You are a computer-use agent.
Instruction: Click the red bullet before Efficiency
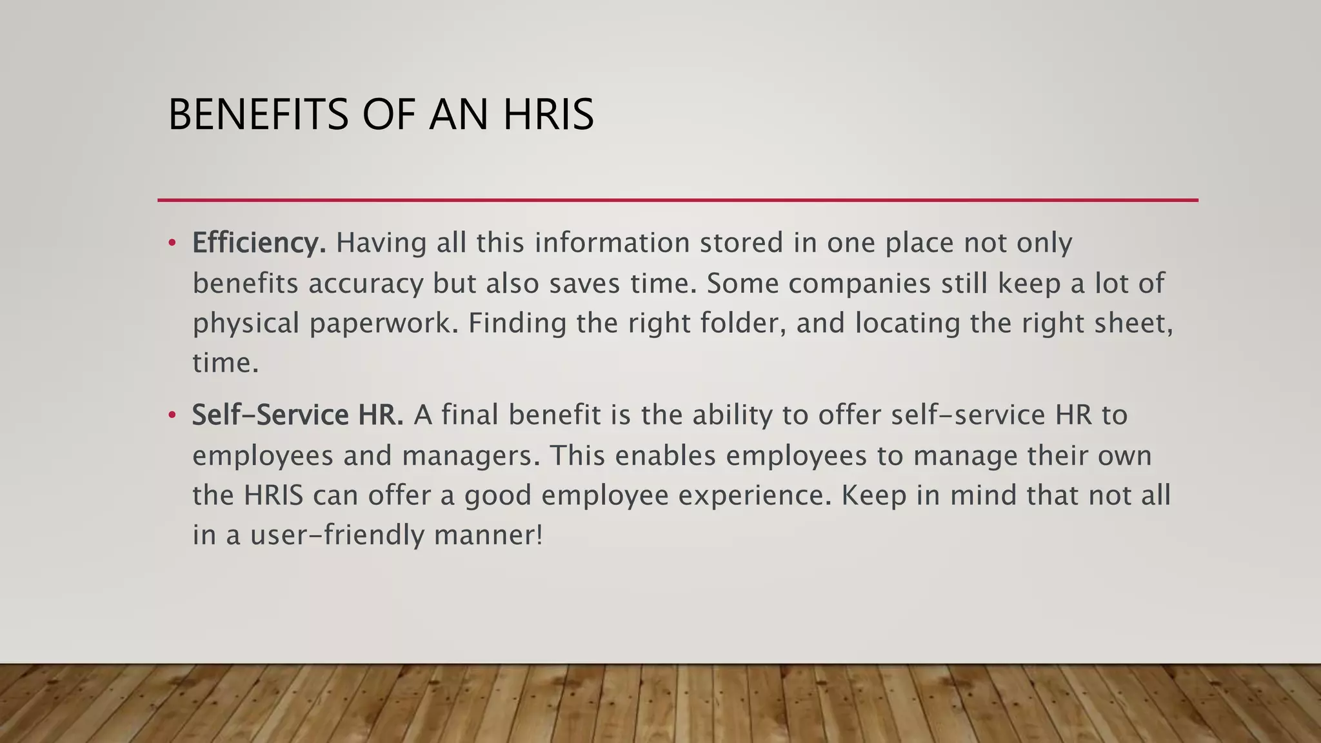coord(172,243)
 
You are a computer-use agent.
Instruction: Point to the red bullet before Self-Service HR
coord(172,415)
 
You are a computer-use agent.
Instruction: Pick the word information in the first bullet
coord(612,243)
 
